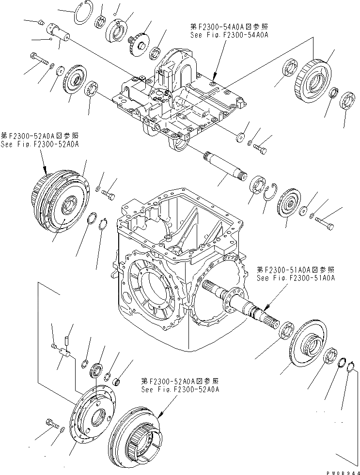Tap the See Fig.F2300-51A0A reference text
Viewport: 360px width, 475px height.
click(295, 278)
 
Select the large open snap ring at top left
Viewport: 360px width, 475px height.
click(81, 13)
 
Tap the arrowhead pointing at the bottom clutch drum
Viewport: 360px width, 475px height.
click(159, 416)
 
